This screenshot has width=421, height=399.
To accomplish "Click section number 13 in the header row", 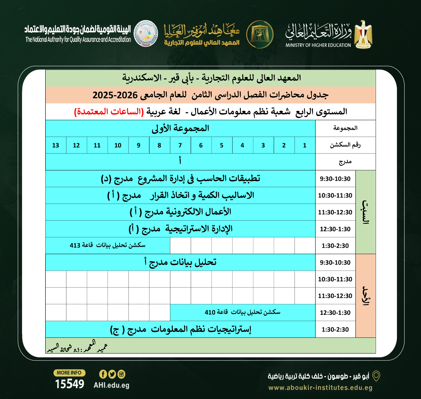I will coord(56,145).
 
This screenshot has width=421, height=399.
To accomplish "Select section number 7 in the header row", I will coord(180,145).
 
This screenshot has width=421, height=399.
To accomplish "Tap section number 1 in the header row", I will coord(305,145).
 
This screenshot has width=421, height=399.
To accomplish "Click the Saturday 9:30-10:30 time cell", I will coord(335,179).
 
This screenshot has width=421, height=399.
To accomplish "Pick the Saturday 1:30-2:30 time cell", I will coord(335,246).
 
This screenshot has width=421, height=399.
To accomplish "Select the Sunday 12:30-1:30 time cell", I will coord(335,313).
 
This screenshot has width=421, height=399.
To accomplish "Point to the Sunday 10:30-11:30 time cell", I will coord(335,279).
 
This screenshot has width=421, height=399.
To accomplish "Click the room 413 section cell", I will coord(108,245).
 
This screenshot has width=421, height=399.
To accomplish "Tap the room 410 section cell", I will coord(242,312).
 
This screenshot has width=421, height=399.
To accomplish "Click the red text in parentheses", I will coord(109,112).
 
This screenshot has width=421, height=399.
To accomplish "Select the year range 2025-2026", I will coord(115,95).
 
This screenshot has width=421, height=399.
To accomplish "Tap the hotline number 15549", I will coord(69,384).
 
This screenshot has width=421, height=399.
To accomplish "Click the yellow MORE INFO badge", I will coord(69,373).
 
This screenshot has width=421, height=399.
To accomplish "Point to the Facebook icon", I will coord(103,374).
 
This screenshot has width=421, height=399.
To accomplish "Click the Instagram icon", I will coord(121,374).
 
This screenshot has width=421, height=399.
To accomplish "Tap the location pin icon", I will coord(376,376).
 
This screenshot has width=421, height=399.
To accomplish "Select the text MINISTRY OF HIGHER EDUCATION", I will coord(318,45).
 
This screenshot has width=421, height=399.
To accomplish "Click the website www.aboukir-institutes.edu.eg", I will coord(320,387).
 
